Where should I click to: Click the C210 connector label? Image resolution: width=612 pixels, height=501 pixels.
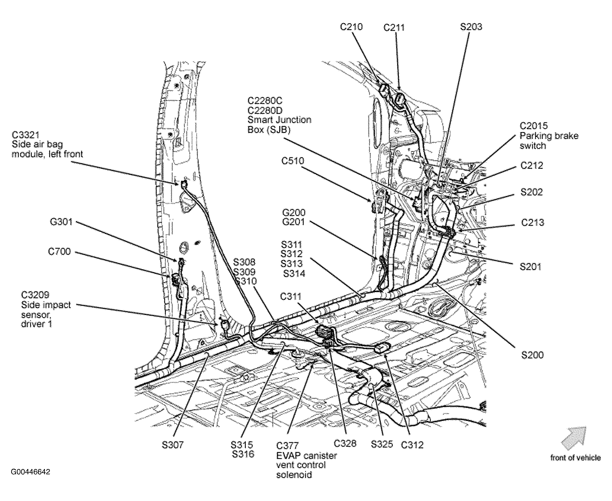(351, 27)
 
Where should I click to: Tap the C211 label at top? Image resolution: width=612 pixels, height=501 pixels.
(394, 28)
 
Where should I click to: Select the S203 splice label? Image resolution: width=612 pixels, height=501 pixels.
(471, 27)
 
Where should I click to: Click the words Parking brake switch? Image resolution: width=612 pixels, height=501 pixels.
(549, 140)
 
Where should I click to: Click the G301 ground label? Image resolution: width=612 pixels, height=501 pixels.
(61, 222)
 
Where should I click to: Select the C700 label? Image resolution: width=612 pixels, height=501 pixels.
(59, 251)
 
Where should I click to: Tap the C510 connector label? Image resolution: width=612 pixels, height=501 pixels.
(293, 161)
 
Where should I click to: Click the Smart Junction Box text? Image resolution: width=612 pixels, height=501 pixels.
(279, 124)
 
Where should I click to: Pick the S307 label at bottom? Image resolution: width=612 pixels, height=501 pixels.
(172, 445)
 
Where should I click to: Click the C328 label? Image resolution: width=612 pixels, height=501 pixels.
(345, 443)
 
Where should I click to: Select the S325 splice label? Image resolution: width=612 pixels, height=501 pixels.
(382, 444)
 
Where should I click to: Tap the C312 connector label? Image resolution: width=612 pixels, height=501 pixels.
(412, 445)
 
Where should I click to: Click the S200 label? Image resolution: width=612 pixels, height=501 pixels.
(532, 355)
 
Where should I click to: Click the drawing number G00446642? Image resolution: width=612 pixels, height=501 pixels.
(30, 472)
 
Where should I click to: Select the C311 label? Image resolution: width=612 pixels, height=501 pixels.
(290, 297)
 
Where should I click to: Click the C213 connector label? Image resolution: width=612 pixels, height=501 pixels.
(533, 222)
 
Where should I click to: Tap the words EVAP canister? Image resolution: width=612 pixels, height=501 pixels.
(306, 455)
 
